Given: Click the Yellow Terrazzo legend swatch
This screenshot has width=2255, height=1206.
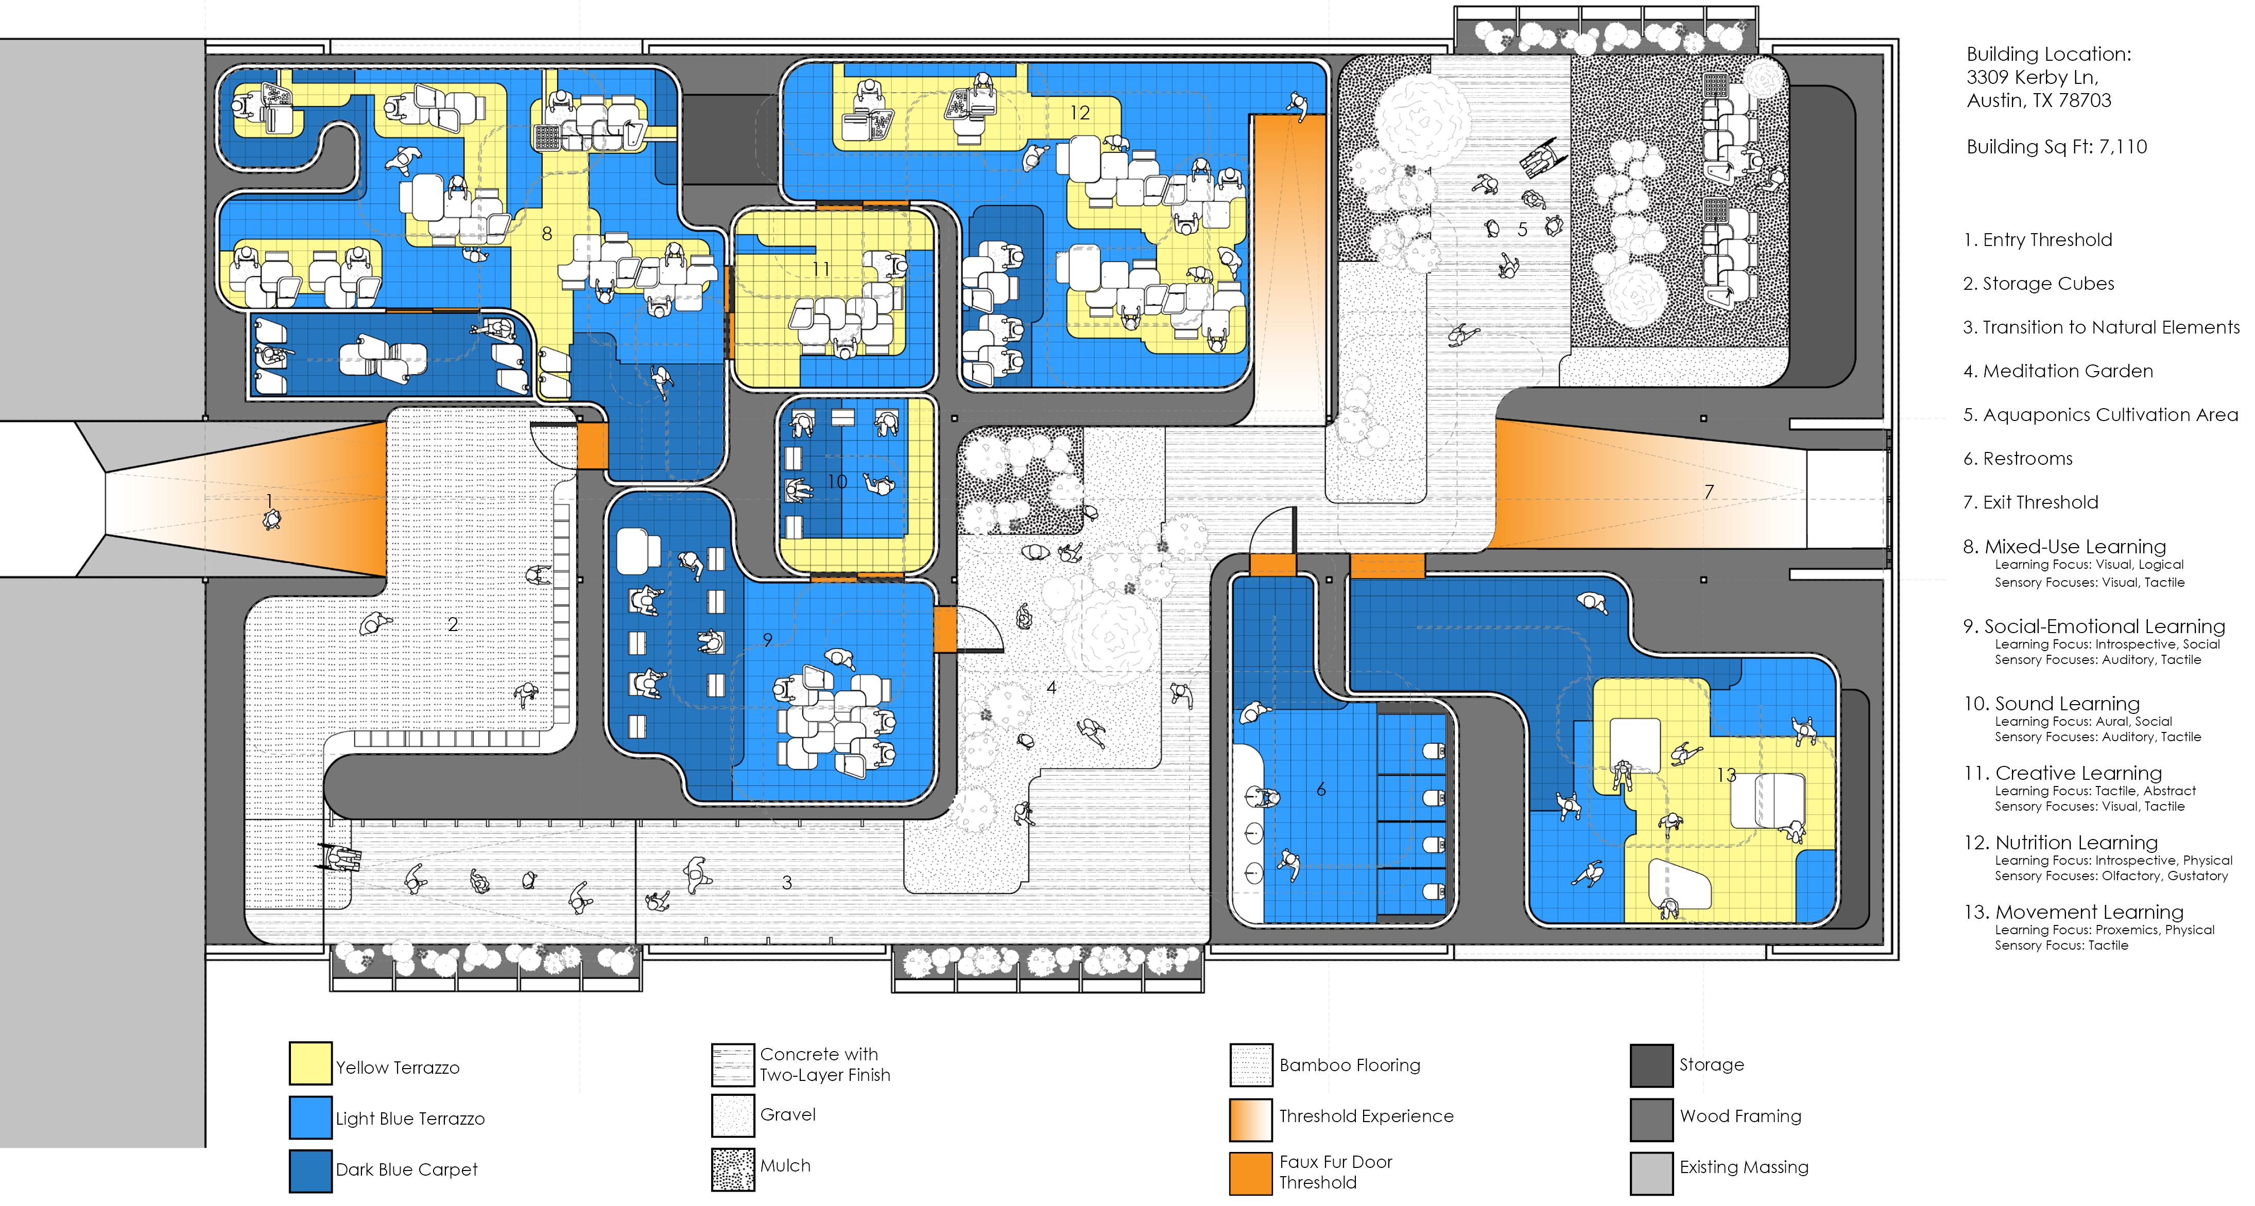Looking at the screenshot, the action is tap(311, 1063).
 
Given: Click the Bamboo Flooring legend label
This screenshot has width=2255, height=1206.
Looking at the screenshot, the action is tap(1350, 1065).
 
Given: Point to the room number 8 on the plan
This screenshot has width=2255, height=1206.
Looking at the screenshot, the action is tap(547, 234).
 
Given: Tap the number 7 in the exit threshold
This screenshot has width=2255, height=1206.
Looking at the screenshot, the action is tap(1709, 492).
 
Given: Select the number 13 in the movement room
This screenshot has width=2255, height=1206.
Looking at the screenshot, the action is tap(1726, 775).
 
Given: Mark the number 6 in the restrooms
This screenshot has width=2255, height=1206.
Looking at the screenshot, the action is tap(1321, 790).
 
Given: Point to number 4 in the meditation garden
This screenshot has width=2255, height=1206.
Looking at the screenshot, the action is tap(1052, 688).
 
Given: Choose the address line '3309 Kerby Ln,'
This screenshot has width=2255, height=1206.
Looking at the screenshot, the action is tap(2033, 77).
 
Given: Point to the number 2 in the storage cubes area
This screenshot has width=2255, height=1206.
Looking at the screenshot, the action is tap(453, 624).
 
